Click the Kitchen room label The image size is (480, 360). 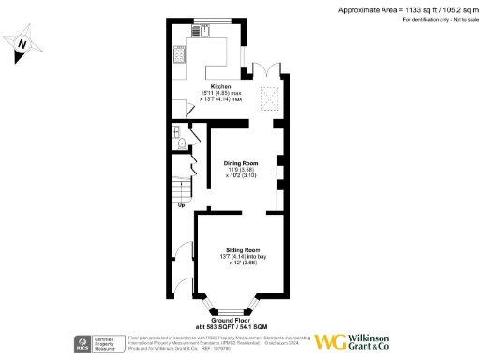click(x=220, y=86)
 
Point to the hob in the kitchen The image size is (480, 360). click(x=177, y=57)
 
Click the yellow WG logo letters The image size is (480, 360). click(x=330, y=342)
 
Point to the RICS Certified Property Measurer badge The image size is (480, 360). click(x=99, y=343)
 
